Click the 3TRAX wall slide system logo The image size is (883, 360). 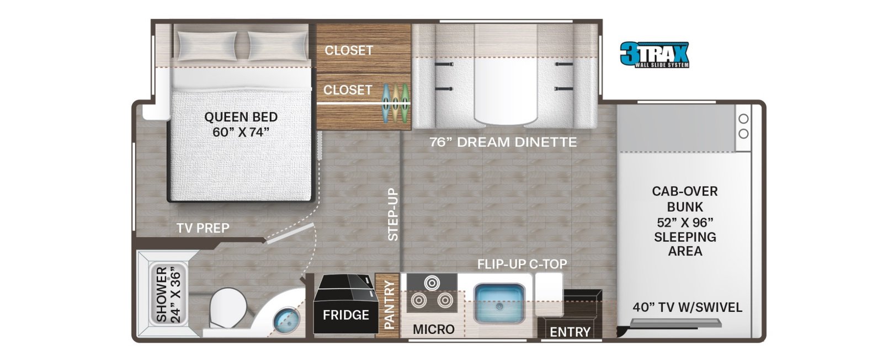point(655,55)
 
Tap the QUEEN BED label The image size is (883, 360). point(241,117)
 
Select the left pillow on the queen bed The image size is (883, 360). point(207,46)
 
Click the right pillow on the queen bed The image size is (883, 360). point(278,46)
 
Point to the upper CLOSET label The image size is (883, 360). point(349,50)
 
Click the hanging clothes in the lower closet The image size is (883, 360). point(395,104)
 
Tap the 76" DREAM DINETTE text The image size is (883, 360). point(503,142)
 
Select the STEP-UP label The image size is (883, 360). point(393,215)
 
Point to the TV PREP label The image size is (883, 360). point(203,228)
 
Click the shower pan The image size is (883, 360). point(168,294)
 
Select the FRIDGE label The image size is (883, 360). point(346,315)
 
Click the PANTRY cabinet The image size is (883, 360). point(387,305)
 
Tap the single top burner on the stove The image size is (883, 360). point(432,283)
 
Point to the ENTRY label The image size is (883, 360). point(570,332)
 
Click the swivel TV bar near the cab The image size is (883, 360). point(675,324)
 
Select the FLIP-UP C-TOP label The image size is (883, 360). point(522,264)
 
